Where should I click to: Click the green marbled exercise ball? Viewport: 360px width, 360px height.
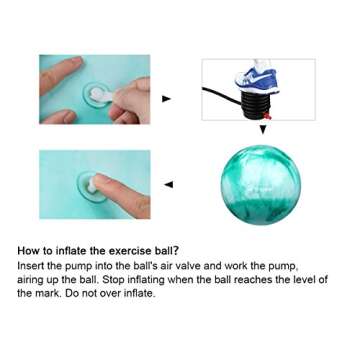(260, 184)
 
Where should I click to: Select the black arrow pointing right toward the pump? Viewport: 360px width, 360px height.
(166, 99)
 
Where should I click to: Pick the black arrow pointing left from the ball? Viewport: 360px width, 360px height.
(167, 184)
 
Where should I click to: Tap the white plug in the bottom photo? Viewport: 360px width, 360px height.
(88, 185)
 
